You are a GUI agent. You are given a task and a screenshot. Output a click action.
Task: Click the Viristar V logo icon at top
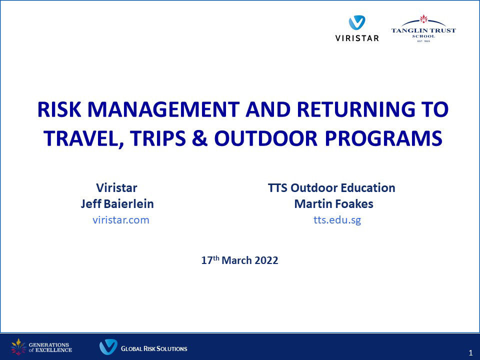click(357, 22)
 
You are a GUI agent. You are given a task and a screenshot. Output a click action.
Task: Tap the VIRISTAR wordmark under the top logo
click(357, 38)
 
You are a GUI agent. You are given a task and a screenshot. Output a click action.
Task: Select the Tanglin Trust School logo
click(423, 28)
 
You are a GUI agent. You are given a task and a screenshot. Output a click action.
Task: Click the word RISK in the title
click(59, 109)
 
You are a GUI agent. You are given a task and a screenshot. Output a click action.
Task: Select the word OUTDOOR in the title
click(265, 138)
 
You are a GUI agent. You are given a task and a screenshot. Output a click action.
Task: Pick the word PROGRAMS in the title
click(383, 138)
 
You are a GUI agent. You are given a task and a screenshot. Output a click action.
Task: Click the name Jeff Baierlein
click(117, 204)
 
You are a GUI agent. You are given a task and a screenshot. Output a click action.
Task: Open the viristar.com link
click(121, 220)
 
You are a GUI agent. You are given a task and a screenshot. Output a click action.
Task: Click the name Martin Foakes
click(333, 204)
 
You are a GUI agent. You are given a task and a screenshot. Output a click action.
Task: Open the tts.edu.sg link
click(337, 220)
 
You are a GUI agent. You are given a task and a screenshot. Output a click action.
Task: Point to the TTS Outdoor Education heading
click(331, 187)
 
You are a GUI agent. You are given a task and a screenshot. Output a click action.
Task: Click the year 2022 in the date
click(266, 260)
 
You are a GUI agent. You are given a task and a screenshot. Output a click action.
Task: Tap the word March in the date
click(236, 260)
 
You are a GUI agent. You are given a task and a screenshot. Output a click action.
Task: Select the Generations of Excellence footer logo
click(41, 347)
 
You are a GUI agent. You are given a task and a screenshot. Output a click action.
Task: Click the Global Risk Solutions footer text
click(154, 348)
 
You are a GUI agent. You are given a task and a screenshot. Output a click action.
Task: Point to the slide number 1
click(471, 353)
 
